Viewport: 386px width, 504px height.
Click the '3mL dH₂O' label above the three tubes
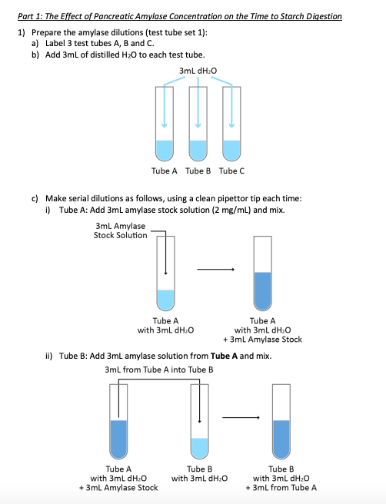pos(198,71)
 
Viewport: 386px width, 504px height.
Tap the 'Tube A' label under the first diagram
pos(165,171)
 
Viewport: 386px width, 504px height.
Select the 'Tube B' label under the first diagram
pos(198,171)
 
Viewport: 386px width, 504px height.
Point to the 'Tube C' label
pos(232,171)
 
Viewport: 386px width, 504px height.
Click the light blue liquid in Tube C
pos(231,150)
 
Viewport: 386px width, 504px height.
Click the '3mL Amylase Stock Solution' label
pos(120,230)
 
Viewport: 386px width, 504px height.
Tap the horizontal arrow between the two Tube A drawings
pos(215,270)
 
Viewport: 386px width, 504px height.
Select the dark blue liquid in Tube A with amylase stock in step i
pos(262,291)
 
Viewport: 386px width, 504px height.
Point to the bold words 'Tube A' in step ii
pos(225,356)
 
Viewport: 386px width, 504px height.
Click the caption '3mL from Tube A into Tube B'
pos(159,370)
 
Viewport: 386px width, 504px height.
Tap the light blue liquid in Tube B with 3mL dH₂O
pos(199,448)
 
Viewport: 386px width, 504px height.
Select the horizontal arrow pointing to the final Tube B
pos(241,417)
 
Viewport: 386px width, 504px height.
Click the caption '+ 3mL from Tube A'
pos(281,488)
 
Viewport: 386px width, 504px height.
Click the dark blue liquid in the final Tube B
pos(281,439)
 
